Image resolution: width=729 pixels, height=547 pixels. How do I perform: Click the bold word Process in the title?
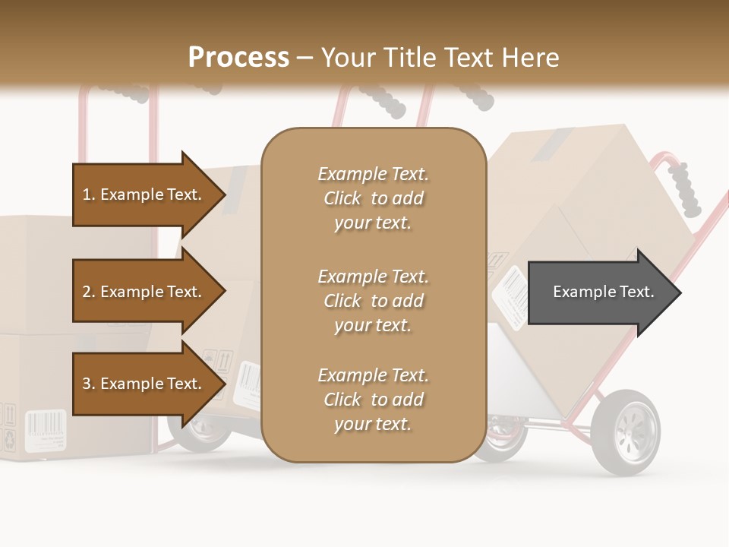[x=238, y=58]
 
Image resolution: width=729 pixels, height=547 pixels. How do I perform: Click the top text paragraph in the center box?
[x=373, y=198]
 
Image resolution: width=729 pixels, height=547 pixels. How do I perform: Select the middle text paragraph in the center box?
[x=373, y=301]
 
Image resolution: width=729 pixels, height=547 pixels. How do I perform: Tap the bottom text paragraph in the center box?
[x=373, y=400]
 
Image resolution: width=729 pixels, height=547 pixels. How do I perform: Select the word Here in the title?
[x=532, y=58]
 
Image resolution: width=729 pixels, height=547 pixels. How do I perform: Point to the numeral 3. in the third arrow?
[x=89, y=384]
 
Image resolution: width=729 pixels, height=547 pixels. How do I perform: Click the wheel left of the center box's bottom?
[x=202, y=433]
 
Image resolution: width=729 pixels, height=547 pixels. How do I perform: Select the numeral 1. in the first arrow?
[x=89, y=194]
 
